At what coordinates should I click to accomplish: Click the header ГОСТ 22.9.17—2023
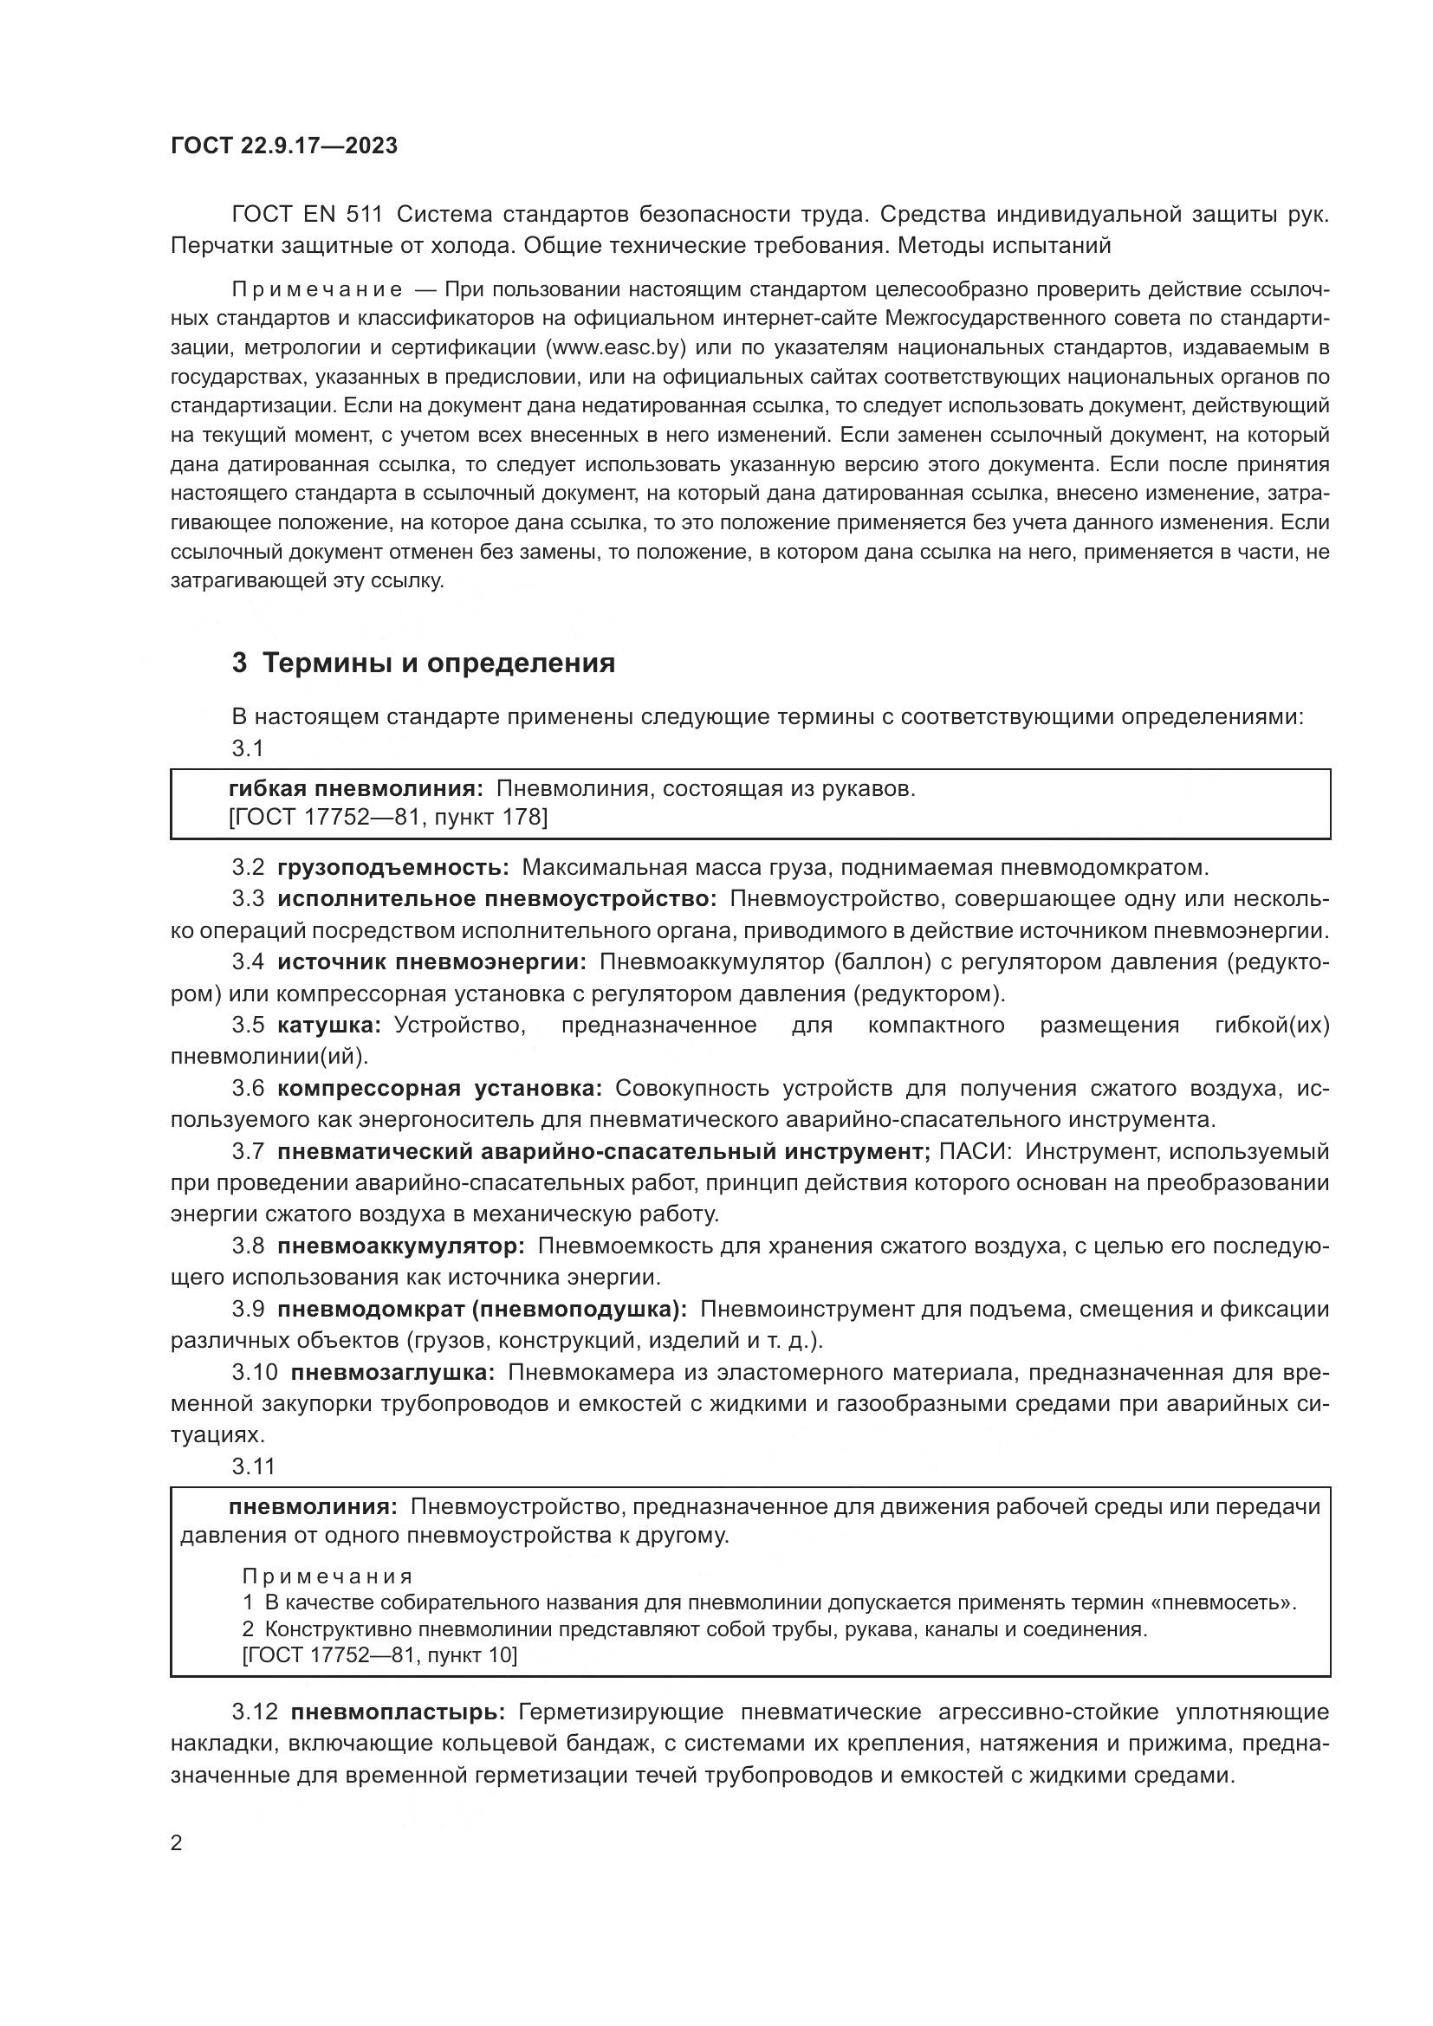pos(283,146)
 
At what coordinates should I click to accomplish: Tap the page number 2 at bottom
pos(177,1843)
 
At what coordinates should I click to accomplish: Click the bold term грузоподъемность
pos(392,867)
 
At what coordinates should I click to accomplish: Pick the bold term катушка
pos(328,1025)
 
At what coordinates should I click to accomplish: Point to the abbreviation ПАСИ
pos(975,1151)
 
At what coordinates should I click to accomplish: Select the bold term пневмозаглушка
pos(392,1373)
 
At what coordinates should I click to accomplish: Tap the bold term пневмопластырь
pos(398,1712)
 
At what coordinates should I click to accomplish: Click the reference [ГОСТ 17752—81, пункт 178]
pos(387,818)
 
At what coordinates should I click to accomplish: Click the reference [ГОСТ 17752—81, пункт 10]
pos(379,1655)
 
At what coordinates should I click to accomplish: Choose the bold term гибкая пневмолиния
pos(354,789)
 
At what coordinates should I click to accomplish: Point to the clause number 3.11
pos(253,1466)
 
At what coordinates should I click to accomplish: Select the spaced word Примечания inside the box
pos(327,1576)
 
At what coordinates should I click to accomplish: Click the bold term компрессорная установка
pos(439,1088)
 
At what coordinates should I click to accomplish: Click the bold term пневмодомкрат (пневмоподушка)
pos(482,1310)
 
